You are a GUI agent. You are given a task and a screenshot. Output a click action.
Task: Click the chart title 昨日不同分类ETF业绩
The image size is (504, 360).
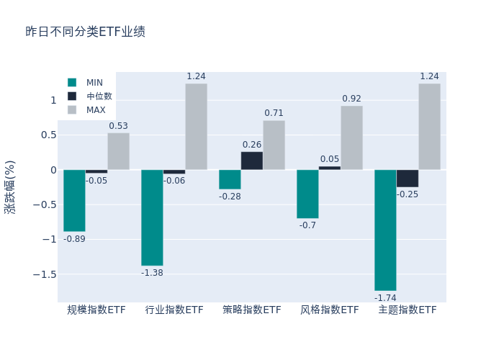[x=85, y=32]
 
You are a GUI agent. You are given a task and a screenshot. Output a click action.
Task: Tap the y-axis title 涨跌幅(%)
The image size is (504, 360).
[x=10, y=187]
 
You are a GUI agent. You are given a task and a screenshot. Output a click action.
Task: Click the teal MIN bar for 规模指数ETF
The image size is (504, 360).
[x=74, y=200]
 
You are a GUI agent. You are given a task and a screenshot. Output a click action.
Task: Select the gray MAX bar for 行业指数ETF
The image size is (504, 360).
[x=196, y=127]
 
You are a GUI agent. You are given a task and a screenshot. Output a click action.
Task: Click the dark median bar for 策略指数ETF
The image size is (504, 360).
[x=252, y=161]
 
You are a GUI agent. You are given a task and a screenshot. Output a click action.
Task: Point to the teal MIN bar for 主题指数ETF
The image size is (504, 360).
[x=385, y=230]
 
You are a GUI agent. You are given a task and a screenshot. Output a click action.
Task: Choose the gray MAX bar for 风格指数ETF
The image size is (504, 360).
[x=351, y=138]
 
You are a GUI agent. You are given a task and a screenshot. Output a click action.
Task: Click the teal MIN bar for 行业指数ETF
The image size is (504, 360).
[x=152, y=217]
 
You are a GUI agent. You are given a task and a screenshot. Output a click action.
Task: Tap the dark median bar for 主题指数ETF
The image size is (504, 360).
[x=407, y=179]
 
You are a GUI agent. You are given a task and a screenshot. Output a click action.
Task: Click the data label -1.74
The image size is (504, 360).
[x=385, y=297]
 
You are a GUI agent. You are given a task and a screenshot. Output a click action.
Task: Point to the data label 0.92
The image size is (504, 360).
[x=351, y=99]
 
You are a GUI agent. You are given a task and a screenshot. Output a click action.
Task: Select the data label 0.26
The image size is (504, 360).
[x=252, y=145]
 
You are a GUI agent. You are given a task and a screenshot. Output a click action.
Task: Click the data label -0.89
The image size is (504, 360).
[x=74, y=239]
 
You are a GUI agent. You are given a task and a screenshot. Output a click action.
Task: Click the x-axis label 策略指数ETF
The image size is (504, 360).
[x=252, y=310]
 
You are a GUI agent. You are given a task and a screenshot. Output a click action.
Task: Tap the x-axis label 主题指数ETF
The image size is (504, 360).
[x=408, y=310]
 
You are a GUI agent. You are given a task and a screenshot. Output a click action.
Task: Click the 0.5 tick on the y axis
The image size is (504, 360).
[x=48, y=135]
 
